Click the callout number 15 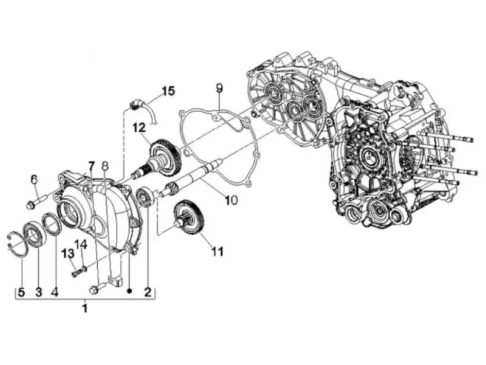tap(169, 91)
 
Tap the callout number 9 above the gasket tap(219, 88)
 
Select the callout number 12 tap(139, 128)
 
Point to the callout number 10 tap(231, 200)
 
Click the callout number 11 tap(217, 251)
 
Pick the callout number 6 tap(34, 179)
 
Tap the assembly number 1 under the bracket tap(84, 309)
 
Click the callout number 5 tap(21, 292)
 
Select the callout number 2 tap(147, 292)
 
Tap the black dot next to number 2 tap(130, 292)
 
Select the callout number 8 tap(105, 166)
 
